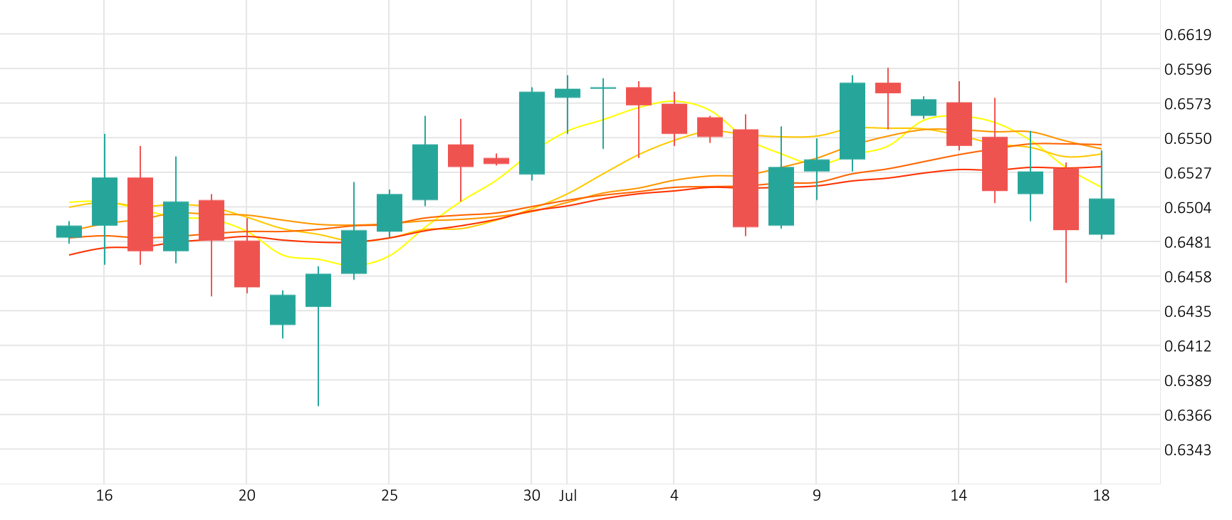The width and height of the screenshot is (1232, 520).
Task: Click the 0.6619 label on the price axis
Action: (x=1187, y=35)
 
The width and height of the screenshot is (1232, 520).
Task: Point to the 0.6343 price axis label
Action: (x=1187, y=450)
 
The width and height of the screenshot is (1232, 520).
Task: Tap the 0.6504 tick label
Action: (x=1187, y=208)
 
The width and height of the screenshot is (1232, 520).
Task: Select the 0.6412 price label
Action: (x=1187, y=346)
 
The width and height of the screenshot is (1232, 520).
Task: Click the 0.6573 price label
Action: (x=1187, y=104)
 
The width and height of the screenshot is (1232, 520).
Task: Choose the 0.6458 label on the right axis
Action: (x=1187, y=277)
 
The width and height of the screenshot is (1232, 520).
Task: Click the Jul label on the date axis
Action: (x=568, y=496)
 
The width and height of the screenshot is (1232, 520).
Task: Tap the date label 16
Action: (x=104, y=496)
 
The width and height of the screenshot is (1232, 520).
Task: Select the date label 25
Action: (x=389, y=496)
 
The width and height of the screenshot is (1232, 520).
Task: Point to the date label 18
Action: (x=1101, y=496)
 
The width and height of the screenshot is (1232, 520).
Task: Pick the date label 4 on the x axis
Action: (x=674, y=496)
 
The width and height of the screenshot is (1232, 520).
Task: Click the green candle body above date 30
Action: (x=532, y=133)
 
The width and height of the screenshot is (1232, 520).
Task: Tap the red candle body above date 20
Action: (x=247, y=264)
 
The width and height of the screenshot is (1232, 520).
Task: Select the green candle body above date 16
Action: (x=105, y=202)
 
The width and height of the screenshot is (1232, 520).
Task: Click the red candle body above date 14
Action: (x=959, y=124)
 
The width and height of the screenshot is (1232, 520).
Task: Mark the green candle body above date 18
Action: (x=1102, y=217)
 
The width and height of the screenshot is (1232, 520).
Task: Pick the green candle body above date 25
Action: (x=390, y=212)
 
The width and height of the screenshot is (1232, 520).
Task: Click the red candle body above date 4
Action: (x=674, y=118)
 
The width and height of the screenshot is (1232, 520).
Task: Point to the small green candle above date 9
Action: (x=817, y=165)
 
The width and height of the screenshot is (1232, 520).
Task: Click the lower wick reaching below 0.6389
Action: (x=318, y=370)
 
